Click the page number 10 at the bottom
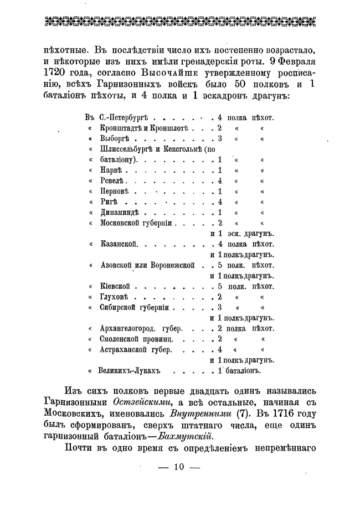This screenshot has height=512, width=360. (x=178, y=466)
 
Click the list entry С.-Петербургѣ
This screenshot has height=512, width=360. (x=125, y=117)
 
